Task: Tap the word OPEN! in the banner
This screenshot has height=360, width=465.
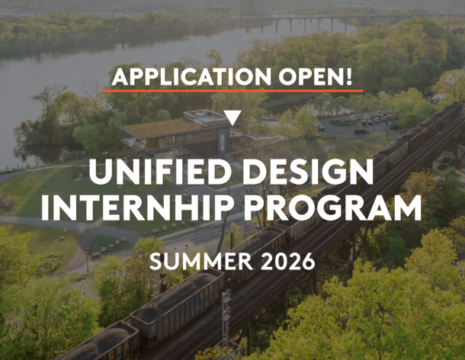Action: (310, 77)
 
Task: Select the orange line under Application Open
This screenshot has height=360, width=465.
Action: (232, 91)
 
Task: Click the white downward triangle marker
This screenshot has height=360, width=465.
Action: (232, 117)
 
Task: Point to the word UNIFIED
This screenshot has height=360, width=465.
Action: (152, 172)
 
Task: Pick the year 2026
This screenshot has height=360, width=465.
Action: (284, 261)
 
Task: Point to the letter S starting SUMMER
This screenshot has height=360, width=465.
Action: (156, 261)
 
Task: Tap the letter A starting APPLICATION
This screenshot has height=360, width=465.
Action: (120, 77)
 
